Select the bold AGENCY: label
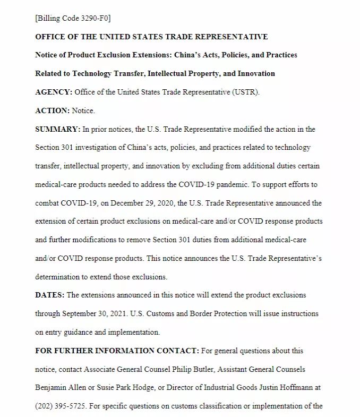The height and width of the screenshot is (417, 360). pyautogui.click(x=54, y=92)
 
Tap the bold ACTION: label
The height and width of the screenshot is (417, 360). pyautogui.click(x=52, y=110)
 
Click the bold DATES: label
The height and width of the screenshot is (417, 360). pyautogui.click(x=49, y=295)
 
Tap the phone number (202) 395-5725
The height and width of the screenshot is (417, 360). pyautogui.click(x=60, y=406)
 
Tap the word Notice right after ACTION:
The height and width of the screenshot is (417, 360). pyautogui.click(x=83, y=110)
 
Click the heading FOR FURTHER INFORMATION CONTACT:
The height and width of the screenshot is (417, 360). pyautogui.click(x=116, y=351)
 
